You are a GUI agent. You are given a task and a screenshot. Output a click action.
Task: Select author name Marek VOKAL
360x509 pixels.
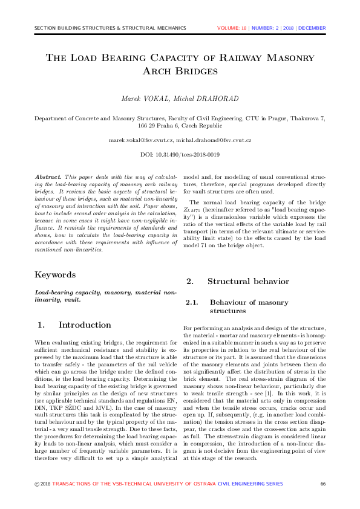(142, 99)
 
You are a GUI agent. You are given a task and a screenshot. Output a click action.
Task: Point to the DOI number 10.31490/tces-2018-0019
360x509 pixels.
(188, 155)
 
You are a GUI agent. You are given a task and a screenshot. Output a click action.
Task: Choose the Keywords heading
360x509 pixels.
(55, 275)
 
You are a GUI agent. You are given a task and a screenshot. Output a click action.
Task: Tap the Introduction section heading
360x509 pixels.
(84, 325)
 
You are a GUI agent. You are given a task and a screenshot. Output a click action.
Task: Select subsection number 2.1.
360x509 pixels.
(192, 302)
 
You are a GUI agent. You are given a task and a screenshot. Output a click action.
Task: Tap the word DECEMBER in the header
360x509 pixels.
(312, 28)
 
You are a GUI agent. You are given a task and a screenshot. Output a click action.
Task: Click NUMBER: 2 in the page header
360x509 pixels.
(266, 28)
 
